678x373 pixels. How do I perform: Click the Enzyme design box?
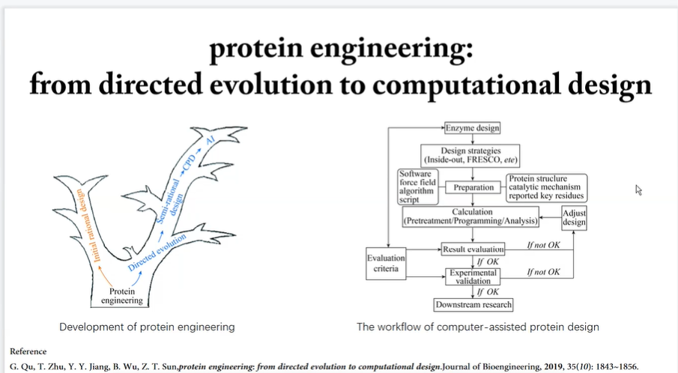[x=472, y=128]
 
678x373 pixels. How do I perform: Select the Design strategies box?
[x=470, y=156]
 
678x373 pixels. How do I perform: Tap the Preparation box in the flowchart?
[x=473, y=187]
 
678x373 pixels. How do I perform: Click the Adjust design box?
[x=574, y=218]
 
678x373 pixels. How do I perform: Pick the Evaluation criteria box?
[x=386, y=263]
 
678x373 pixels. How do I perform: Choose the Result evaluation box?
[x=473, y=249]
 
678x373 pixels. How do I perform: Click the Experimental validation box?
[x=473, y=276]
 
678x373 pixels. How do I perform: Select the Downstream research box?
[x=473, y=305]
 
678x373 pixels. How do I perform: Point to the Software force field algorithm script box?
[x=418, y=186]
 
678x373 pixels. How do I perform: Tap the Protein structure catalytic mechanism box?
[x=546, y=187]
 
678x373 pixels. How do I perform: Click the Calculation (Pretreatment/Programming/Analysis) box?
[x=470, y=216]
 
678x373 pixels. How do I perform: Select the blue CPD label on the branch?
[x=189, y=163]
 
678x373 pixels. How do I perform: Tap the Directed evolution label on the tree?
[x=157, y=252]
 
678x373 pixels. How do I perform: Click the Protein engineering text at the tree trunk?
[x=122, y=296]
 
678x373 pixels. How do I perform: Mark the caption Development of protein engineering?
[x=147, y=327]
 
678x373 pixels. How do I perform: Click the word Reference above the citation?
[x=28, y=351]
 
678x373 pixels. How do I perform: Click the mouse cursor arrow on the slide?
[x=638, y=189]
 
